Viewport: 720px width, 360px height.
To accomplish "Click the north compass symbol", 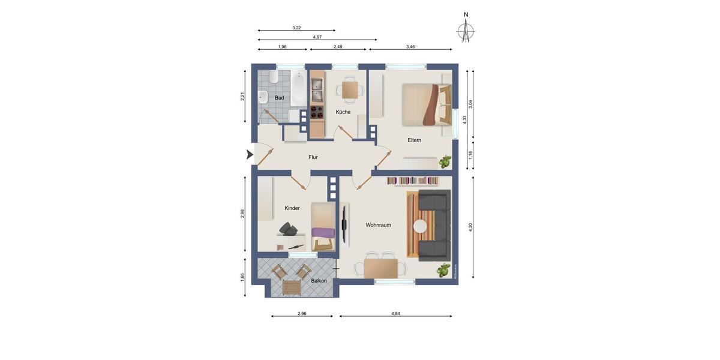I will click(x=466, y=31).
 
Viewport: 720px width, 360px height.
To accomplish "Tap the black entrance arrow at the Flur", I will click(x=250, y=155).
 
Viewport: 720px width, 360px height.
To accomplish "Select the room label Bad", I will click(x=279, y=98).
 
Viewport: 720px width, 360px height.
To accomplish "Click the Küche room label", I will click(x=343, y=112).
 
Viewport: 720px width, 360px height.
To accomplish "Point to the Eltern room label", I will click(x=414, y=140).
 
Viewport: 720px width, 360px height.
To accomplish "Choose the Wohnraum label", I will click(x=378, y=225).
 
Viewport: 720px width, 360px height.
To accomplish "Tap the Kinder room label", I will click(x=292, y=208).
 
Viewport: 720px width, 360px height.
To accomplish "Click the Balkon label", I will click(x=319, y=281).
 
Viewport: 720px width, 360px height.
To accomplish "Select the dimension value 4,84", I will click(x=395, y=313).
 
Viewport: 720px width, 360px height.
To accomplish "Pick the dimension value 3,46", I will click(x=410, y=46).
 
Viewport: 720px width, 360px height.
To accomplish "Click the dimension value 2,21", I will click(x=242, y=96).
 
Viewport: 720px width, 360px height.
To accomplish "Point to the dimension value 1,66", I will click(x=242, y=277).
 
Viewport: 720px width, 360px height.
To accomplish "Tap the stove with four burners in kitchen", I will click(x=317, y=111).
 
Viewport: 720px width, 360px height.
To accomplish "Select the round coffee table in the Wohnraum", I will click(x=420, y=226).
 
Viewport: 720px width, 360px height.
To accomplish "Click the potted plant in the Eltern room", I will click(x=445, y=161).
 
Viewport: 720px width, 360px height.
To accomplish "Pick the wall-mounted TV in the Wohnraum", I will click(x=345, y=224).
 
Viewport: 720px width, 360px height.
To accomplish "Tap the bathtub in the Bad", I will click(x=299, y=89).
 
